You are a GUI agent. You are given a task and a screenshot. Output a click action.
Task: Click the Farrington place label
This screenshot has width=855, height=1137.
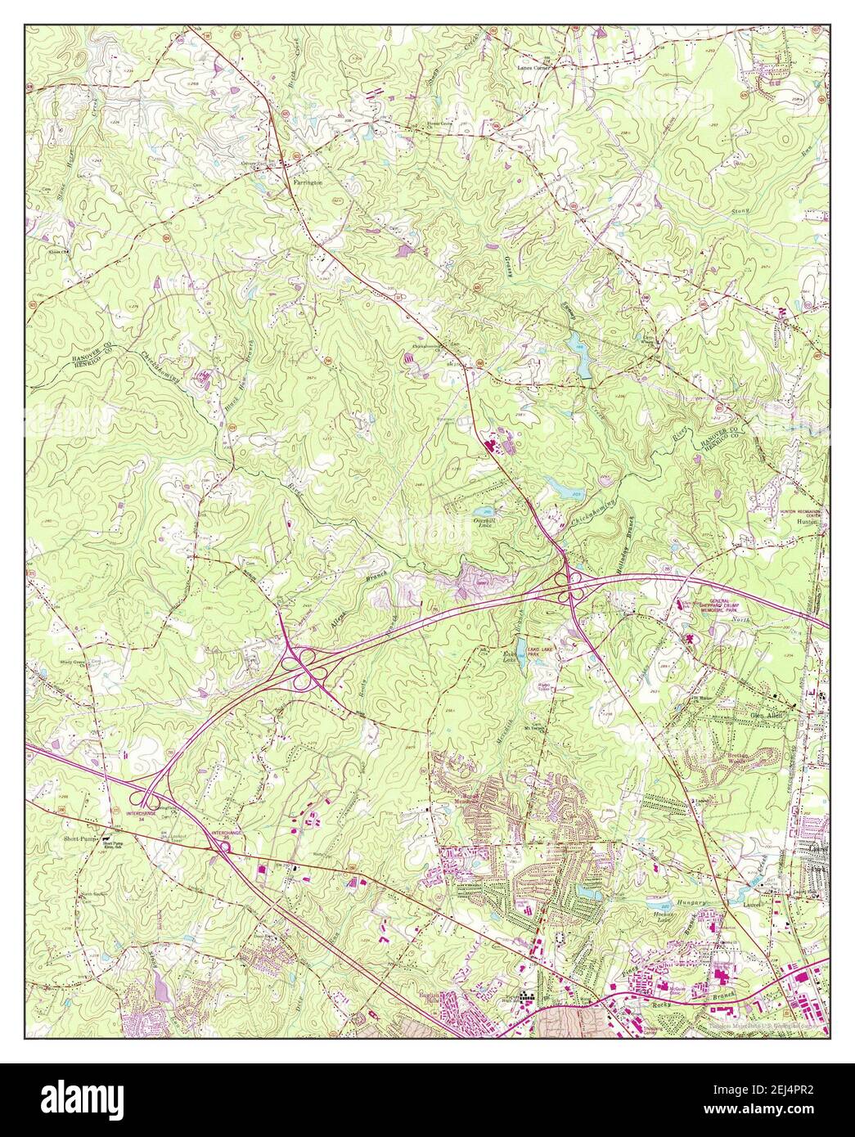tap(308, 182)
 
